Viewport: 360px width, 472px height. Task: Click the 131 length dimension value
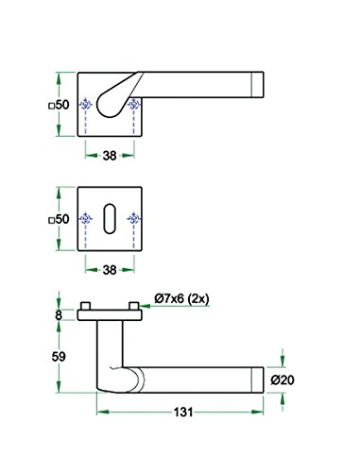[183, 412]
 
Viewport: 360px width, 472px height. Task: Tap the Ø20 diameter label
[283, 380]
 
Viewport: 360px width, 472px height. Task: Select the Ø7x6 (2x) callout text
[181, 298]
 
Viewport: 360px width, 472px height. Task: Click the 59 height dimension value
[59, 357]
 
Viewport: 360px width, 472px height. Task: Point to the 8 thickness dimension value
[59, 315]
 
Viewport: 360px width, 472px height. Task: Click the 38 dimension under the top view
[110, 156]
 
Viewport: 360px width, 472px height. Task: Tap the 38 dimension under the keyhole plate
[110, 270]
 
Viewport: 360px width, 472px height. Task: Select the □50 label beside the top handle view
[59, 105]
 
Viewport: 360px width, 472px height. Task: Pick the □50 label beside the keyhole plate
[59, 219]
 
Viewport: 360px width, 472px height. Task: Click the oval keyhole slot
[110, 219]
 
